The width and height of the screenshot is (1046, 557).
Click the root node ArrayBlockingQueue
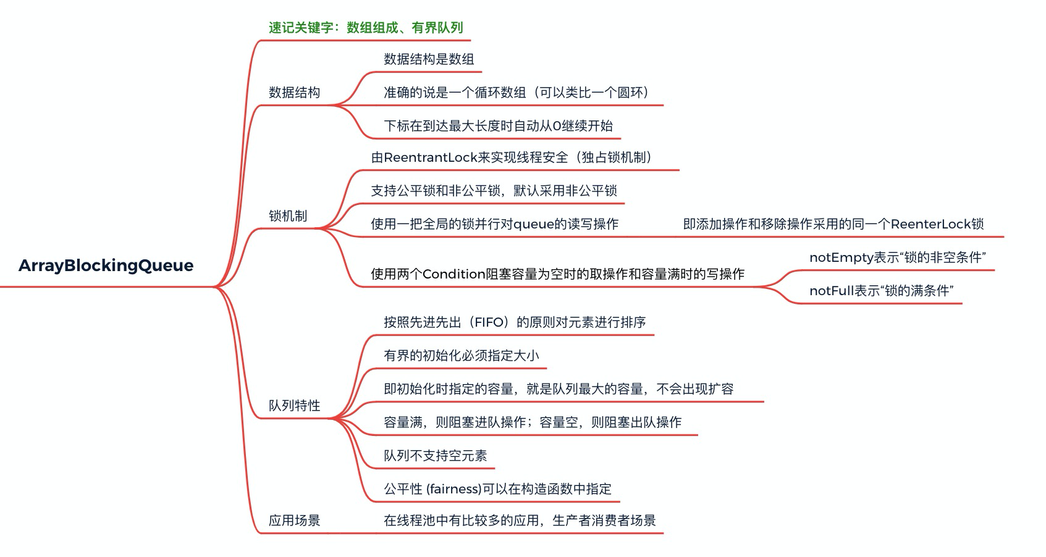click(x=106, y=266)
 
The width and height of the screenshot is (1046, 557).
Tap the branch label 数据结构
click(x=294, y=93)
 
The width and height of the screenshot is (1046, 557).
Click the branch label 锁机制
click(x=287, y=216)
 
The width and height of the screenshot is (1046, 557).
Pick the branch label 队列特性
click(x=294, y=406)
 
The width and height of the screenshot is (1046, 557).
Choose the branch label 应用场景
click(x=294, y=521)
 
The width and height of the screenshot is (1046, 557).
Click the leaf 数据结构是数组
click(x=429, y=59)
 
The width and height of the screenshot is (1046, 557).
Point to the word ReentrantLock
click(x=430, y=157)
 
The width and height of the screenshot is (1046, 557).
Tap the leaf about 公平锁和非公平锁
click(x=494, y=191)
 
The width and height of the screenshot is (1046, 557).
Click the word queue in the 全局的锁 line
click(x=534, y=224)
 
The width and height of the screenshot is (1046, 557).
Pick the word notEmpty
click(x=840, y=258)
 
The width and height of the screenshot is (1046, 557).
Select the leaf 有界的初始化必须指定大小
click(x=461, y=356)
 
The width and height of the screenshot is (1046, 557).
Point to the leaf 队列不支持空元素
click(x=435, y=456)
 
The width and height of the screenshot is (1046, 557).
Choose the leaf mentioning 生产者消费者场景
click(x=520, y=521)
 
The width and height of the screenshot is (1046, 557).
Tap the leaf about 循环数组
click(x=517, y=93)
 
